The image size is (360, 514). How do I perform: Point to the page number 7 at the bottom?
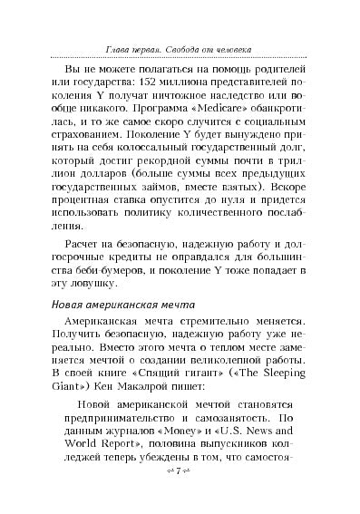tap(180, 497)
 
